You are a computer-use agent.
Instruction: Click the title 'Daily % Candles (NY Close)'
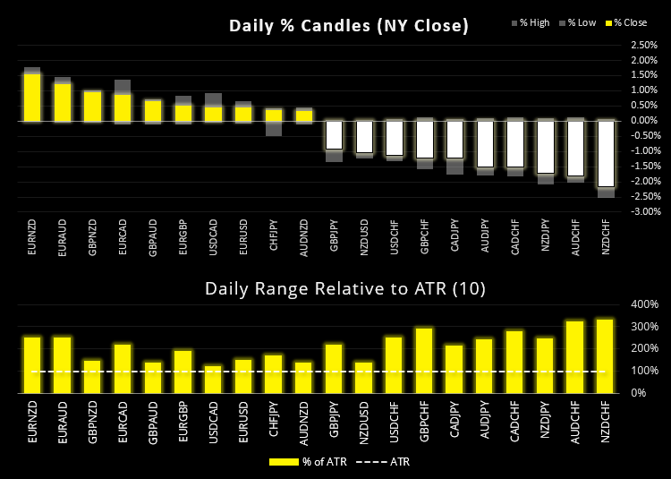(x=349, y=26)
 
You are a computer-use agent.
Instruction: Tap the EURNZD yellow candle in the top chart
(x=32, y=97)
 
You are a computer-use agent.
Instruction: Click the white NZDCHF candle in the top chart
(x=607, y=153)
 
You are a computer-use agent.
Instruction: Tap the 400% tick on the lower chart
(x=643, y=304)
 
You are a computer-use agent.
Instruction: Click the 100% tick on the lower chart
(x=643, y=371)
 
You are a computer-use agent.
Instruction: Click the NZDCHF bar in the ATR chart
(x=607, y=355)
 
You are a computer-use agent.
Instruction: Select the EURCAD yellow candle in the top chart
(x=123, y=107)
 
